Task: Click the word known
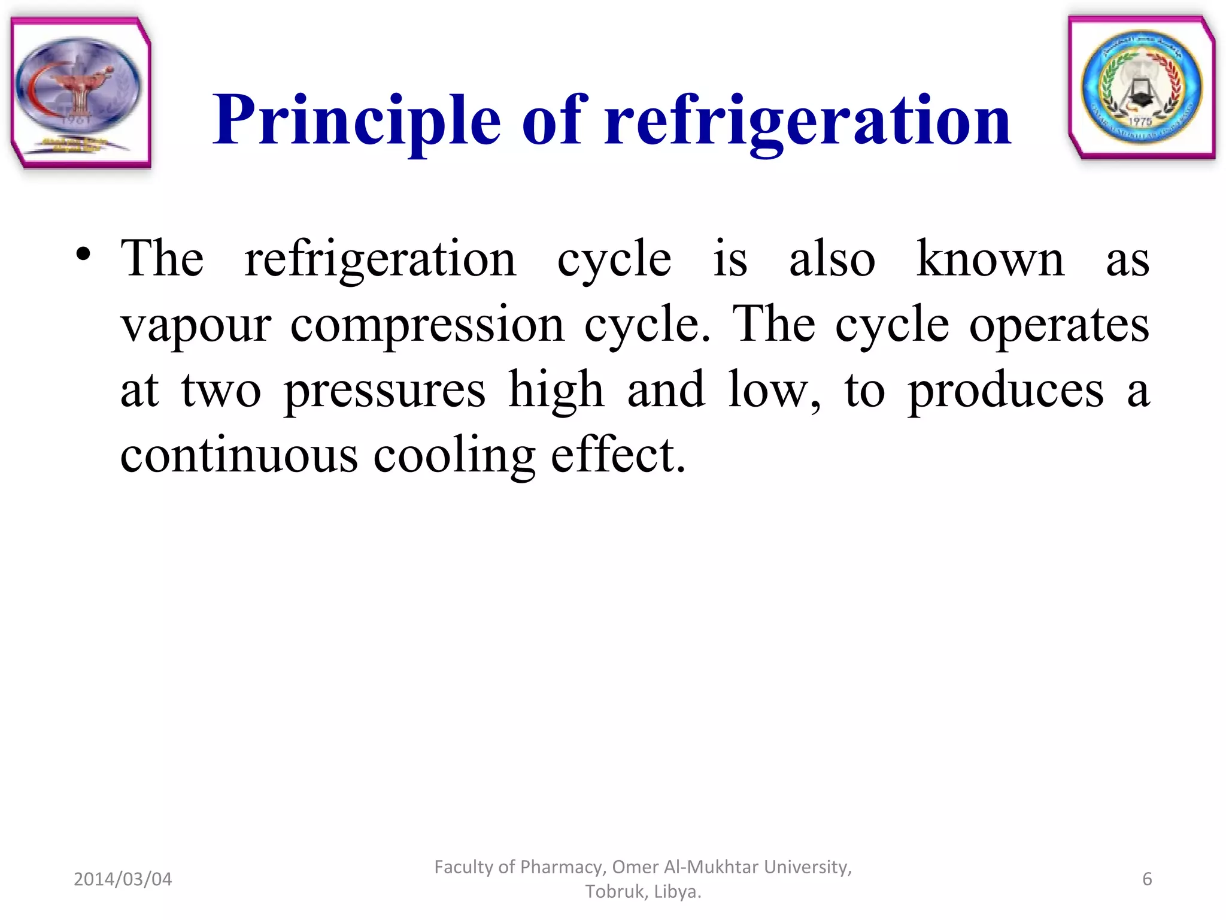pyautogui.click(x=990, y=259)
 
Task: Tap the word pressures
pyautogui.click(x=384, y=391)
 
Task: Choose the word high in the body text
pyautogui.click(x=556, y=391)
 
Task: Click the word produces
pyautogui.click(x=1006, y=391)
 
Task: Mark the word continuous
pyautogui.click(x=239, y=455)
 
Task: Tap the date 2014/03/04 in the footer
pyautogui.click(x=123, y=879)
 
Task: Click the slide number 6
pyautogui.click(x=1147, y=879)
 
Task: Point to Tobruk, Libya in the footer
pyautogui.click(x=643, y=892)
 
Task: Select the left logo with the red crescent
pyautogui.click(x=80, y=91)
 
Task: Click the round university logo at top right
pyautogui.click(x=1141, y=87)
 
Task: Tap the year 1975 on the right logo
pyautogui.click(x=1140, y=122)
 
